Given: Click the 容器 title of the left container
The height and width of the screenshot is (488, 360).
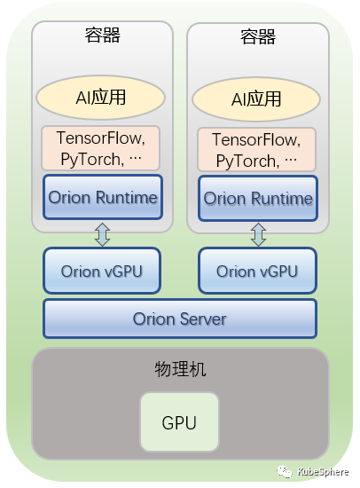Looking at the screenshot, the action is (x=103, y=35).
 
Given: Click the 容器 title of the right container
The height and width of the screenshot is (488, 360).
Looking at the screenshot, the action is (x=258, y=36).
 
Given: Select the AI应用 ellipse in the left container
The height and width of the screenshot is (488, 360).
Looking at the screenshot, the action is (x=100, y=98).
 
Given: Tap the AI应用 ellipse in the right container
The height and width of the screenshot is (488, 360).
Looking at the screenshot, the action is (x=256, y=99).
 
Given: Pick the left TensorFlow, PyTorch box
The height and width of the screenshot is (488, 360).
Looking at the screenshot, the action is (x=100, y=148).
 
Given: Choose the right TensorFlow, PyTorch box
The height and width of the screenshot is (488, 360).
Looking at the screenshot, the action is (x=256, y=150).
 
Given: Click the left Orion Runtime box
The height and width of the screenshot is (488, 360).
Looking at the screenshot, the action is (x=103, y=197).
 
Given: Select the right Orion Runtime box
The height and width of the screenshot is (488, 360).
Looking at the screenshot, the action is (x=258, y=199).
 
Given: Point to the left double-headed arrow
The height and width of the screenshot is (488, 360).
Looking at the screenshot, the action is (x=102, y=234).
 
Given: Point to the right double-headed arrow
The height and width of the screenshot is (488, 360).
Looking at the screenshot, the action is (x=258, y=234).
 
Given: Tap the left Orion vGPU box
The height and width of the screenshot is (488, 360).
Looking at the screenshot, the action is (x=102, y=271).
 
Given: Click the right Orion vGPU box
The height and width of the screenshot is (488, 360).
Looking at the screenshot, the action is (x=257, y=271).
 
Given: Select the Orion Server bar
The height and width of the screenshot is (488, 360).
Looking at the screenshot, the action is (x=180, y=319).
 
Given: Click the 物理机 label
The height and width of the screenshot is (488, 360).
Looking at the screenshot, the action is (x=180, y=369).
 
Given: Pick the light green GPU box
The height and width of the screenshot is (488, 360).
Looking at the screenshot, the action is (x=179, y=422).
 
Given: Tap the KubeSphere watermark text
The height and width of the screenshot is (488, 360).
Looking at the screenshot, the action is (x=323, y=472).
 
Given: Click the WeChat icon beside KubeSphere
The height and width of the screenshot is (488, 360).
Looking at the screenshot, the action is (x=285, y=472).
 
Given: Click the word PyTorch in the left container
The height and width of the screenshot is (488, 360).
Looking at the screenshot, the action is (x=90, y=160).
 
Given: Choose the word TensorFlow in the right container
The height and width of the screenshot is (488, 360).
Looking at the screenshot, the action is (x=254, y=139).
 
